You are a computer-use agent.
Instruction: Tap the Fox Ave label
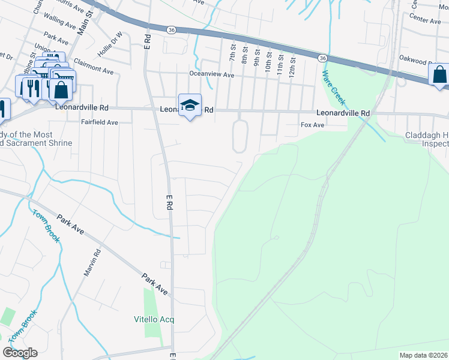pos(312,125)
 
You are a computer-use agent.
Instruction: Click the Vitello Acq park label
pos(154,319)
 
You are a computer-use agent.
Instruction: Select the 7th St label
pos(232,52)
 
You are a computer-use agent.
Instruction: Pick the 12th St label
pos(292,62)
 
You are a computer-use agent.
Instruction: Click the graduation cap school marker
pos(190,104)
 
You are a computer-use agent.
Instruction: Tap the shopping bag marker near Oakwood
pos(439,75)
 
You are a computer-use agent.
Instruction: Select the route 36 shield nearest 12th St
pos(322,58)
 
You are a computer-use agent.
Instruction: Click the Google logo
pos(20,353)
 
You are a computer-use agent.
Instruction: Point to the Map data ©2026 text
pos(423,355)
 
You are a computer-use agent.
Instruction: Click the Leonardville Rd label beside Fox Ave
pos(343,113)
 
